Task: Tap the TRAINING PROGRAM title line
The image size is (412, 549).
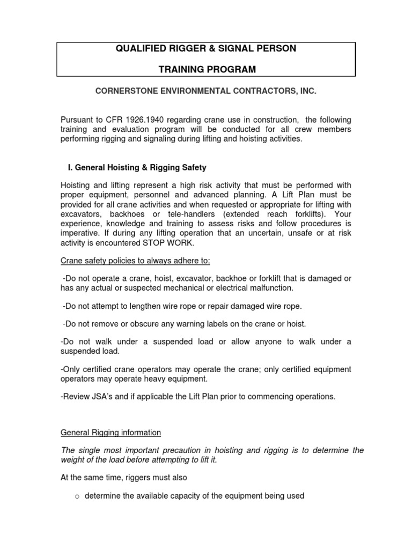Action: pos(207,69)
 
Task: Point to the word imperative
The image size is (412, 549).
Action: pos(80,233)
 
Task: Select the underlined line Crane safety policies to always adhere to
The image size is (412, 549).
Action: pos(136,261)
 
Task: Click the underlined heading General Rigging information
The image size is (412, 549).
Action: pos(111,432)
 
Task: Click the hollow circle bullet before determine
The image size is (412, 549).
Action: pos(77,496)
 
